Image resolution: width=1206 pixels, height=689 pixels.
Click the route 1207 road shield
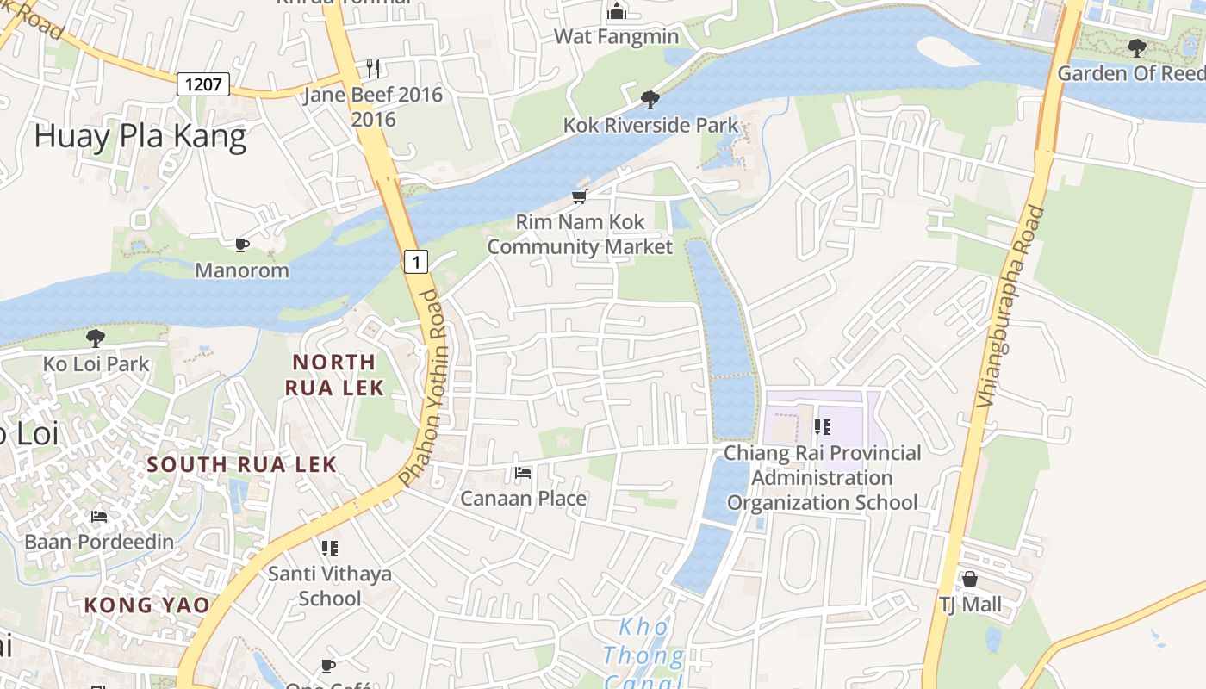click(x=204, y=84)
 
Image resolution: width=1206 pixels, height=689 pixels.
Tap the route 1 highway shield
click(x=416, y=261)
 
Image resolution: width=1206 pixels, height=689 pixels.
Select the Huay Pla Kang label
click(x=140, y=137)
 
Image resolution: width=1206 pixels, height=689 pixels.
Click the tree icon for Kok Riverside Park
click(x=650, y=100)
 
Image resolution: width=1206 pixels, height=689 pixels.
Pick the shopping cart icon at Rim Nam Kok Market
click(x=580, y=197)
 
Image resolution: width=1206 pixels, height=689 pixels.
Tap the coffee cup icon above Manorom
click(x=242, y=245)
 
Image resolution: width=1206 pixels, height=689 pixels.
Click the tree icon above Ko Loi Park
click(x=96, y=338)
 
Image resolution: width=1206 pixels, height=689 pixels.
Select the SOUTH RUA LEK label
click(x=241, y=464)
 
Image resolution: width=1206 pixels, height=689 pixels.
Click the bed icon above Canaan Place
click(x=522, y=473)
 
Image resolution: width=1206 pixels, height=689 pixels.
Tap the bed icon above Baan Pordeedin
click(x=99, y=517)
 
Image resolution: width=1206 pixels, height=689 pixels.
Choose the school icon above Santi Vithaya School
click(x=329, y=548)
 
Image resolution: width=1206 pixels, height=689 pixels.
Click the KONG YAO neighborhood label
click(x=146, y=605)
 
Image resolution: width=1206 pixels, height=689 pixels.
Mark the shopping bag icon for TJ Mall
click(x=970, y=579)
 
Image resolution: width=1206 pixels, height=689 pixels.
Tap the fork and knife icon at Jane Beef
click(x=373, y=68)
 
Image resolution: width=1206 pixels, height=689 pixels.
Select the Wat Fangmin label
click(x=616, y=37)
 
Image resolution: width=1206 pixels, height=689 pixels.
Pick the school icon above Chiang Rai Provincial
click(x=822, y=427)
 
